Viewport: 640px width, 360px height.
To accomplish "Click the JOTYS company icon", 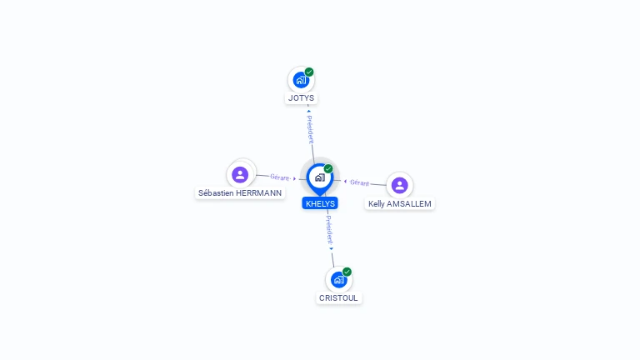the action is click(301, 81).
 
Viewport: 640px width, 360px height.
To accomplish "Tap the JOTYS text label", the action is click(301, 98).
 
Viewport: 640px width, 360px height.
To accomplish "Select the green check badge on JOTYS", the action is click(309, 72).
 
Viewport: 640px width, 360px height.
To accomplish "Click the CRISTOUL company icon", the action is click(338, 280).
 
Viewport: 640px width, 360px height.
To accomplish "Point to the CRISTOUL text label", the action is click(338, 297).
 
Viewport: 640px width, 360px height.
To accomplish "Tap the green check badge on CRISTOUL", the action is click(347, 272).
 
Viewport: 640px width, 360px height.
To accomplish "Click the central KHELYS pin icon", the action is click(319, 177).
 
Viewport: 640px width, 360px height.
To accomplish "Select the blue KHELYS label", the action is click(320, 203).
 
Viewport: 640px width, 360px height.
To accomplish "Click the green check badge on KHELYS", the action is click(328, 169).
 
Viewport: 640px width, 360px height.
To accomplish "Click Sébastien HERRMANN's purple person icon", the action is click(240, 174).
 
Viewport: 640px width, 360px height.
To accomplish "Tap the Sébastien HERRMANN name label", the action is click(240, 192).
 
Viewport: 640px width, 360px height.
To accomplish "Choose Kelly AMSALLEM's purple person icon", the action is click(399, 185).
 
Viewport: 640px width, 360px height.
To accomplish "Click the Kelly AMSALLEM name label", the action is click(400, 203).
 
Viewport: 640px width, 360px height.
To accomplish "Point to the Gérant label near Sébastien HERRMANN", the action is click(279, 177).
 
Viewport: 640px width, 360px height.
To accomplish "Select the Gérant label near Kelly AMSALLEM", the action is click(359, 182).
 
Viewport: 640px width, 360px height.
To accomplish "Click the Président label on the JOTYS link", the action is click(310, 130).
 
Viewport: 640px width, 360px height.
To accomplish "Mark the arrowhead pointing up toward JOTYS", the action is click(308, 111).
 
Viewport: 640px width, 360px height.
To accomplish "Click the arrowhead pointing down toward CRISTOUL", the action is click(331, 248).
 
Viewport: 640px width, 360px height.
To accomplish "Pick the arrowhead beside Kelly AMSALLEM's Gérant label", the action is click(345, 181).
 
